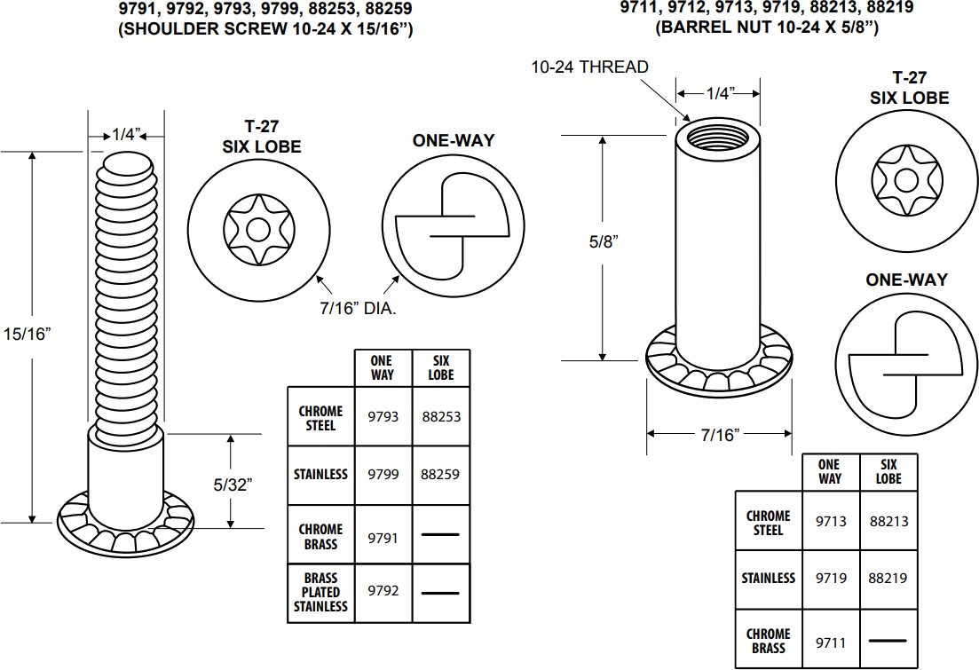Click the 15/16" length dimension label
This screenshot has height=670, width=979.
click(27, 334)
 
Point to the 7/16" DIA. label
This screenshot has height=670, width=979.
click(358, 309)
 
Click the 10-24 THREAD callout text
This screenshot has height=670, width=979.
click(589, 67)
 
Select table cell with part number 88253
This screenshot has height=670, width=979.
click(441, 416)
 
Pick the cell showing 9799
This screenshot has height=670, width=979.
click(383, 475)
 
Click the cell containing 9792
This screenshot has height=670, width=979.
click(383, 592)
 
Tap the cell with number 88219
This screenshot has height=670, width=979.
click(888, 578)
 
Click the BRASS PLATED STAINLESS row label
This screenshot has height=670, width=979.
click(320, 592)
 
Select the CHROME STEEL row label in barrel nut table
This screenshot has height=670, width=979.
click(768, 522)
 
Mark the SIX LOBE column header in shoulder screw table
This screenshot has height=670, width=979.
click(441, 367)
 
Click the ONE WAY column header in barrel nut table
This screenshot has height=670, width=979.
click(829, 471)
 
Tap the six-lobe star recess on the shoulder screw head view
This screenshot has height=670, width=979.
click(258, 229)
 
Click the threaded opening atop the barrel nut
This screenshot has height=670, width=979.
click(717, 138)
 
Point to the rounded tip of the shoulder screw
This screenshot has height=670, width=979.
click(129, 164)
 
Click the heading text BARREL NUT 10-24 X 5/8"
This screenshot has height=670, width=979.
click(767, 28)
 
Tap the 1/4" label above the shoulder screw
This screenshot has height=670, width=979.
click(126, 136)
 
